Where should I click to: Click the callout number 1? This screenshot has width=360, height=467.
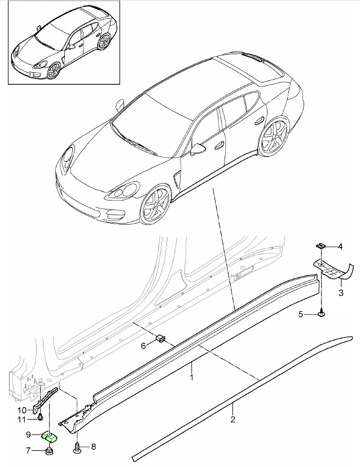pos(192,378)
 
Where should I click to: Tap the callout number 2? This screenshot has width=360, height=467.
pos(232,420)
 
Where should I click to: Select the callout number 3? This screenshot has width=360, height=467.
pos(341,293)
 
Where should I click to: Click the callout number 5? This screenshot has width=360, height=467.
pos(301,314)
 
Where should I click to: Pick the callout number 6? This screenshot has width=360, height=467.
pos(143,346)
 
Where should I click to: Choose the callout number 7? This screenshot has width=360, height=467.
pos(28,451)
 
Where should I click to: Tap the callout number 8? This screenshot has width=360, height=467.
pos(94,447)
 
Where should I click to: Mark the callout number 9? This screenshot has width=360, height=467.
pos(28,435)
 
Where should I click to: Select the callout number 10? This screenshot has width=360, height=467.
pos(22,411)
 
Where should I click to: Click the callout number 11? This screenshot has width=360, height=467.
pos(21,420)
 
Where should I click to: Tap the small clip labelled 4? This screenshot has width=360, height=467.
pos(320,246)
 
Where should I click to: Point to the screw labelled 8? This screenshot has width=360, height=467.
pos(77,446)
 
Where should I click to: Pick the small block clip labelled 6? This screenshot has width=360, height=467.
pos(161,338)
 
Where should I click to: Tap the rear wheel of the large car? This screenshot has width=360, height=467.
pos(273,137)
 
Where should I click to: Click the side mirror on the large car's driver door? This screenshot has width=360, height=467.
pos(197,149)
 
